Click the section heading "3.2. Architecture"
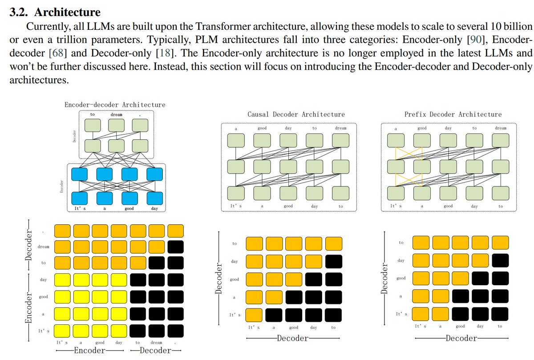coord(55,12)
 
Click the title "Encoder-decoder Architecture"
coord(115,105)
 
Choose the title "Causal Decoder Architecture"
coord(296,115)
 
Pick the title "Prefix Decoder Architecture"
coord(453,115)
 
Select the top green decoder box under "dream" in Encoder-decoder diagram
coord(116,125)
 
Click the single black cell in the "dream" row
coord(175,247)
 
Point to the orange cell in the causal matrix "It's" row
coord(254,315)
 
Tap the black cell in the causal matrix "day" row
coord(333,261)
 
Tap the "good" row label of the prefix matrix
coord(400,278)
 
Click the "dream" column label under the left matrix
coord(156,343)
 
